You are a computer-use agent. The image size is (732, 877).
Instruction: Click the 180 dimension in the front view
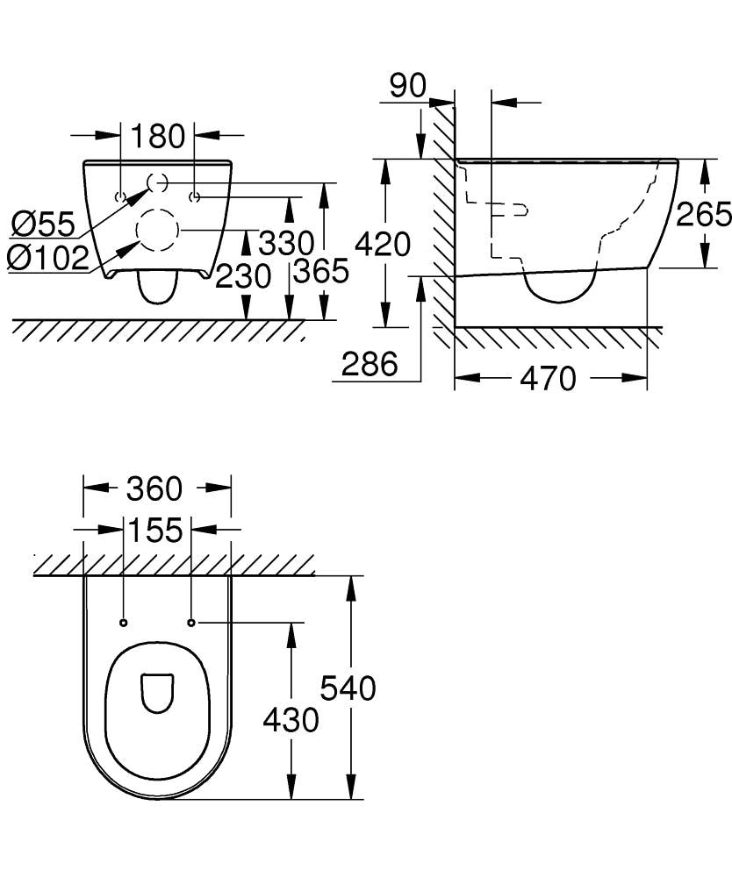point(158,136)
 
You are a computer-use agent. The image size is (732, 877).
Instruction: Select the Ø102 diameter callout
point(47,257)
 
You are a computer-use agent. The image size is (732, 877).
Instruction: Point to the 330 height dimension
point(285,243)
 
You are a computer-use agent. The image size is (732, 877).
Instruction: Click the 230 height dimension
point(243,276)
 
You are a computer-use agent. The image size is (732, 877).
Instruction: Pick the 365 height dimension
point(320,271)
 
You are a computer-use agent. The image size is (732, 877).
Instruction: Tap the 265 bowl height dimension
point(703,213)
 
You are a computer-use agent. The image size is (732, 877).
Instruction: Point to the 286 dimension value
point(369,363)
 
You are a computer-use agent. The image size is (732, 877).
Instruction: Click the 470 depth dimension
point(548,378)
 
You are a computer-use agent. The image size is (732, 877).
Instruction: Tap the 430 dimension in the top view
point(291,720)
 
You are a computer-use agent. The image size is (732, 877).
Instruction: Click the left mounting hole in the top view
point(123,623)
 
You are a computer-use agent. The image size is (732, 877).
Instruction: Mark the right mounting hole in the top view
point(191,623)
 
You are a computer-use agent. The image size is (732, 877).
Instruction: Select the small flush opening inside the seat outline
point(157,692)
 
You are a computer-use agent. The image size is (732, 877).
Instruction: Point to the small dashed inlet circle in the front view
point(158,182)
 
